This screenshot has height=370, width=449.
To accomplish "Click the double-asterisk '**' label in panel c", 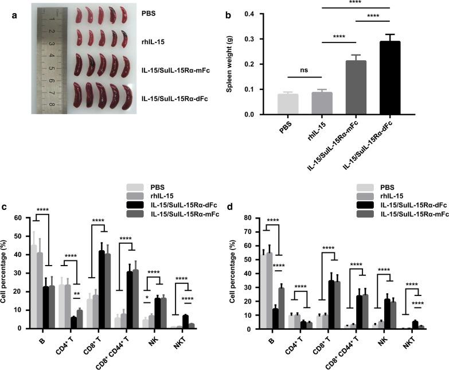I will (x=76, y=293).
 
